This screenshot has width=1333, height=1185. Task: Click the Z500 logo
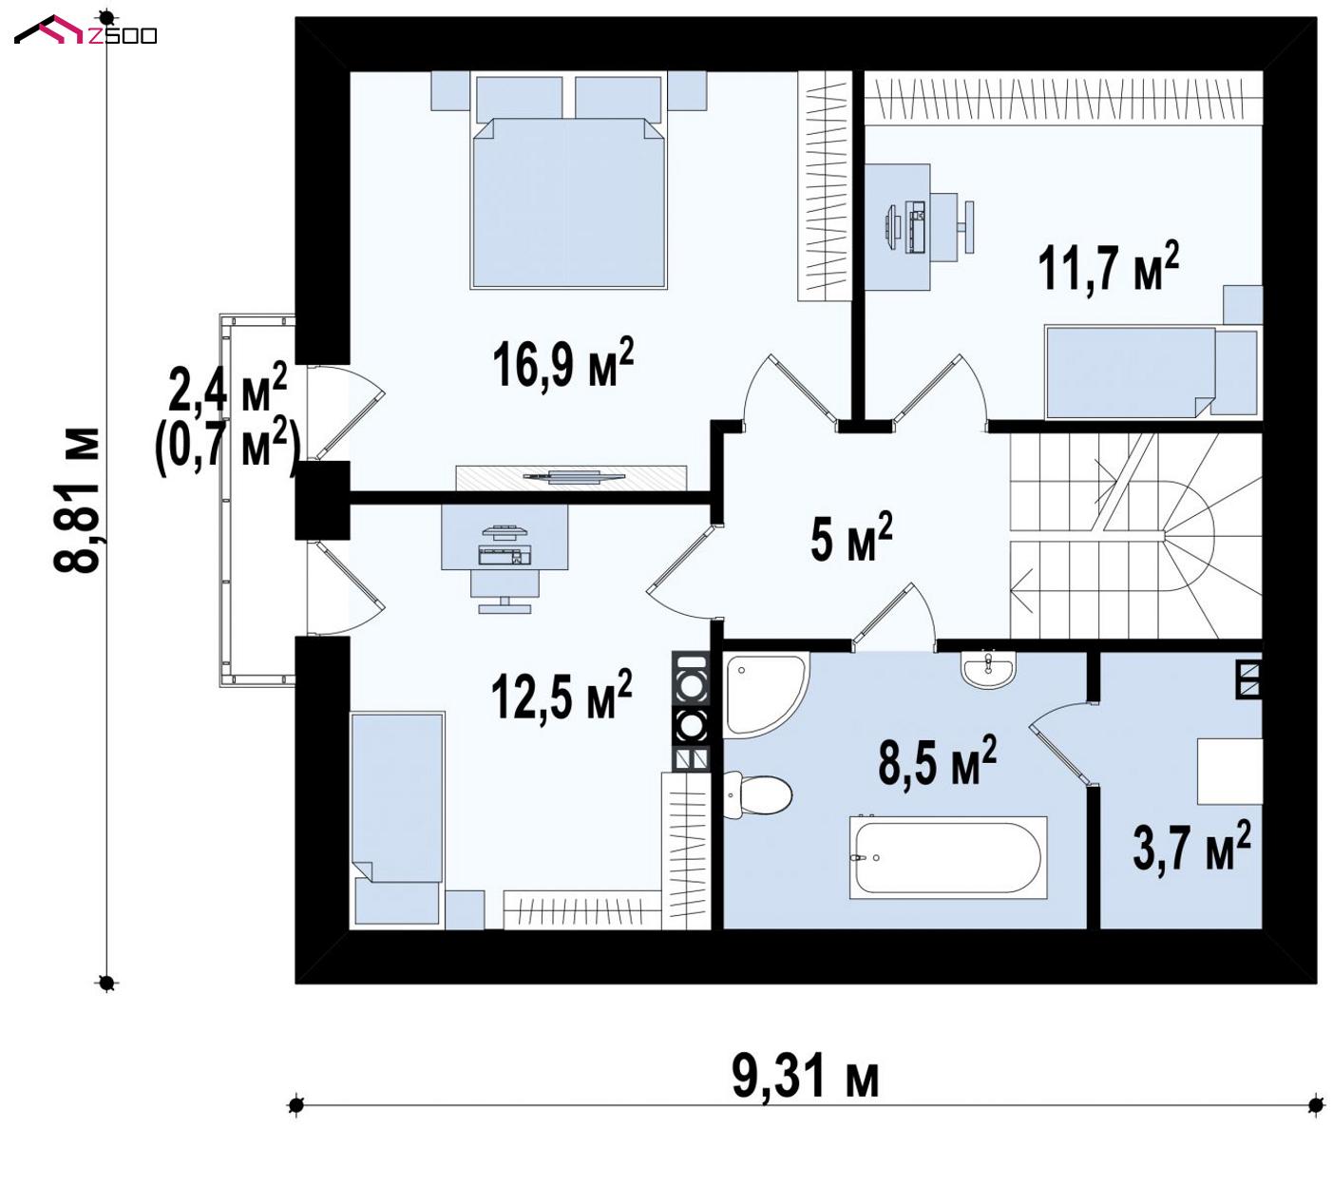(86, 30)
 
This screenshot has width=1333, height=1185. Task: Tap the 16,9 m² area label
(562, 365)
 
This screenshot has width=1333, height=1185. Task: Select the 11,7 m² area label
(1109, 267)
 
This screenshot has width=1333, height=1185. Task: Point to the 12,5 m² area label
(562, 697)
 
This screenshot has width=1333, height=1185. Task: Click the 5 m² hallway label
(851, 538)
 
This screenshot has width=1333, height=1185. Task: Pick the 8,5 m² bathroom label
(938, 761)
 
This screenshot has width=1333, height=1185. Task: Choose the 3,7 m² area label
(1191, 847)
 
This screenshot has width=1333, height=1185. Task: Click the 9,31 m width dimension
(806, 1078)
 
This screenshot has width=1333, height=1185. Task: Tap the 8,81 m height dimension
(76, 501)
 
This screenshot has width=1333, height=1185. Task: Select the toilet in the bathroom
(757, 796)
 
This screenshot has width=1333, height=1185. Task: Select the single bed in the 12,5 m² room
(397, 818)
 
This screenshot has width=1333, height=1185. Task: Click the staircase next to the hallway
(1135, 535)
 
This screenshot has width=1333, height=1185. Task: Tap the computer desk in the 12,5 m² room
(505, 537)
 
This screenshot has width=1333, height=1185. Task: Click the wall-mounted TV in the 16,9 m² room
(572, 476)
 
